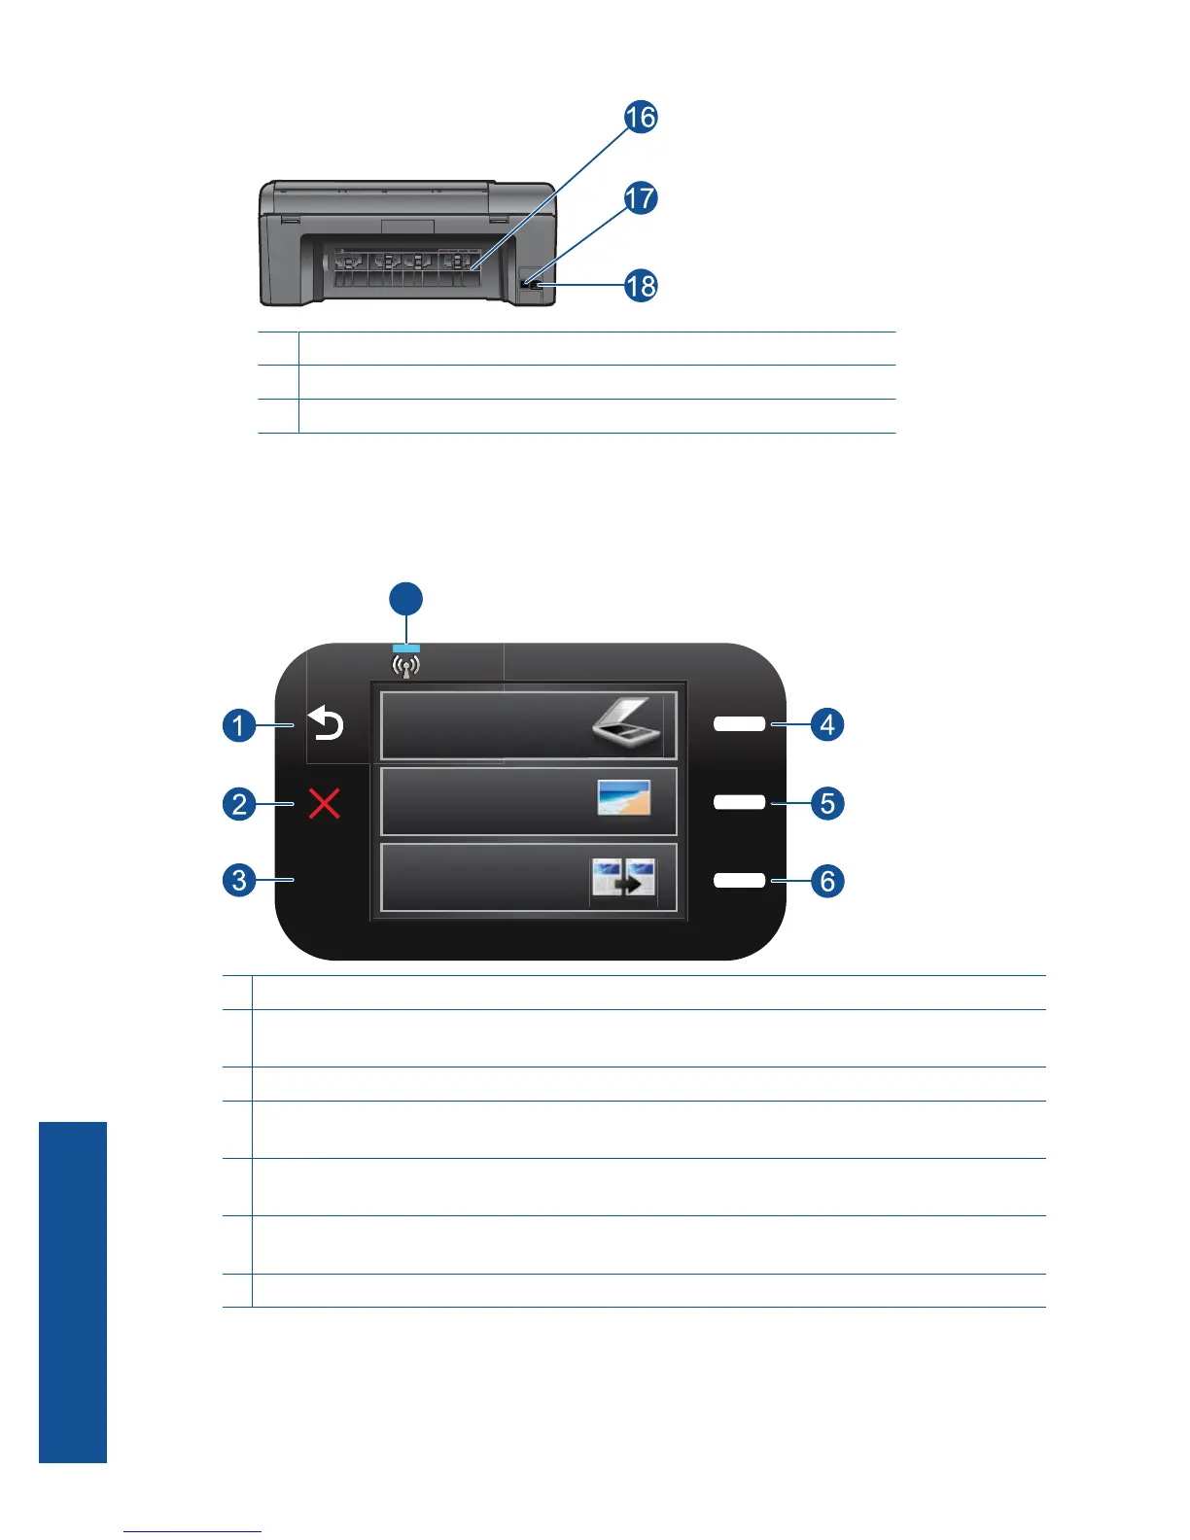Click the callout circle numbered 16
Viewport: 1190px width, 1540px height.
point(641,118)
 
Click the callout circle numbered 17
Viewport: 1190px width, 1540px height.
point(641,198)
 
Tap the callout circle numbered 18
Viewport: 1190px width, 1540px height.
point(641,286)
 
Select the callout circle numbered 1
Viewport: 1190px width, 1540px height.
point(239,725)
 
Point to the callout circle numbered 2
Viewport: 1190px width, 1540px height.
point(239,804)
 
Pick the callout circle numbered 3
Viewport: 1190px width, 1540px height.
point(239,881)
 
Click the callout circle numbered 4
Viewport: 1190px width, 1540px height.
point(827,724)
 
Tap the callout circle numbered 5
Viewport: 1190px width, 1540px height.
point(827,803)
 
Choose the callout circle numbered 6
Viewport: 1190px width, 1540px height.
point(827,881)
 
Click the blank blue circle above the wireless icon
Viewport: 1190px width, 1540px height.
point(406,599)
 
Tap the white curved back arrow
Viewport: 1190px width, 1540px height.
point(327,724)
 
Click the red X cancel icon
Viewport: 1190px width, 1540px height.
point(324,804)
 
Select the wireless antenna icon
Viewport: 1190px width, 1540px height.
point(406,667)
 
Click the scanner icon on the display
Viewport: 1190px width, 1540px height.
point(628,727)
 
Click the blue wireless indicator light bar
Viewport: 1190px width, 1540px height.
point(406,647)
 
